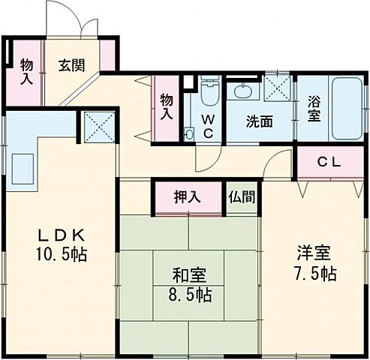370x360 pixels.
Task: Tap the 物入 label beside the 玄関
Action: point(26,71)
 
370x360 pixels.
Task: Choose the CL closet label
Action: point(329,160)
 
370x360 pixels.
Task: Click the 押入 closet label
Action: point(188,198)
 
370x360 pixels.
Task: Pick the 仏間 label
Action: point(242,198)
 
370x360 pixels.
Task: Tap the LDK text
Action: point(56,234)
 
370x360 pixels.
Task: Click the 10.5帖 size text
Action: point(59,254)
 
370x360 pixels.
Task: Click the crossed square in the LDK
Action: point(98,126)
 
